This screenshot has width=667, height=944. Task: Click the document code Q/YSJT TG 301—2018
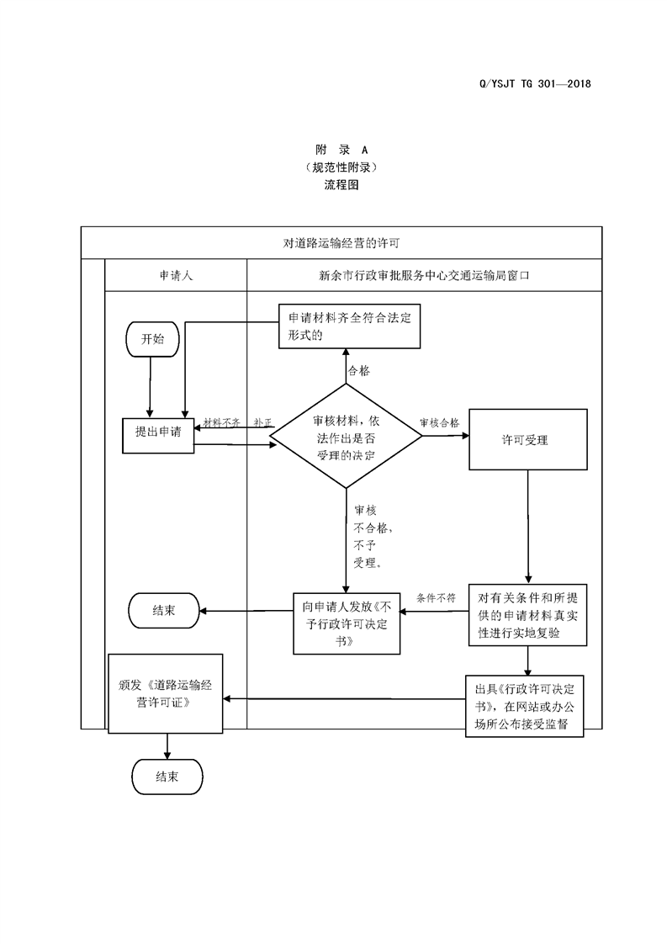tap(534, 84)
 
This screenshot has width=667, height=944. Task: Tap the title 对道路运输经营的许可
tap(341, 243)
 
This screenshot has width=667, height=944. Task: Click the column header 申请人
tap(176, 275)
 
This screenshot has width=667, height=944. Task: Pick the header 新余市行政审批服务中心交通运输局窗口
tap(424, 275)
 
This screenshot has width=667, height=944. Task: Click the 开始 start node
tap(152, 339)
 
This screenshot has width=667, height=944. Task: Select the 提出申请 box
tap(158, 432)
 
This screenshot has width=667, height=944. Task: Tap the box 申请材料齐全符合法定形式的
tap(350, 326)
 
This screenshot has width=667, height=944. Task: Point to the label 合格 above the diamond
tap(359, 370)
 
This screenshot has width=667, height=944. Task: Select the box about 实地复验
tap(527, 616)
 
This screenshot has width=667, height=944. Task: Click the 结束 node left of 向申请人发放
tap(164, 611)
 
